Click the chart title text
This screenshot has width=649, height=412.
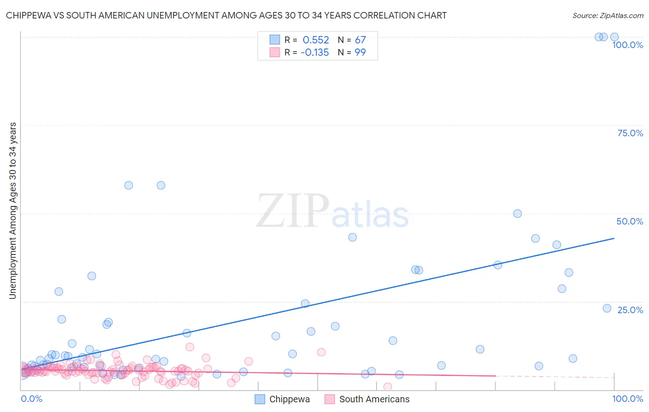point(226,15)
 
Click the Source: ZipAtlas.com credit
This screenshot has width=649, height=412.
point(607,15)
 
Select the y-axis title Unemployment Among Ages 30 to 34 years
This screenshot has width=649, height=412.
point(12,210)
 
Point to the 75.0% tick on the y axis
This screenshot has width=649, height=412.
point(630,133)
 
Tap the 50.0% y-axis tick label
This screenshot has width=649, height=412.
point(630,221)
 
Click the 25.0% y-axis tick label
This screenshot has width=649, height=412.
point(630,309)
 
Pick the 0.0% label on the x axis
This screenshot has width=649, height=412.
point(31,399)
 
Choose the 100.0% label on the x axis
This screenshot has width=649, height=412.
point(627,399)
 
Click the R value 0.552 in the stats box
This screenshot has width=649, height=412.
point(316,40)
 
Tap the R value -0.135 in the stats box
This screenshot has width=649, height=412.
point(315,52)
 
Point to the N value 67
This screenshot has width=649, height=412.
point(360,40)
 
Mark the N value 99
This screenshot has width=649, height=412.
point(360,52)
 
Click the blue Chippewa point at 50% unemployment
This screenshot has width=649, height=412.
point(517,213)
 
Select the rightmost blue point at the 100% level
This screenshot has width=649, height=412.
point(614,37)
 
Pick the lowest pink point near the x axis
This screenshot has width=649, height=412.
point(388,387)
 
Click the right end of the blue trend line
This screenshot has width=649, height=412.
point(614,238)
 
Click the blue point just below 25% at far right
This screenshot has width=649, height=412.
point(607,308)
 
